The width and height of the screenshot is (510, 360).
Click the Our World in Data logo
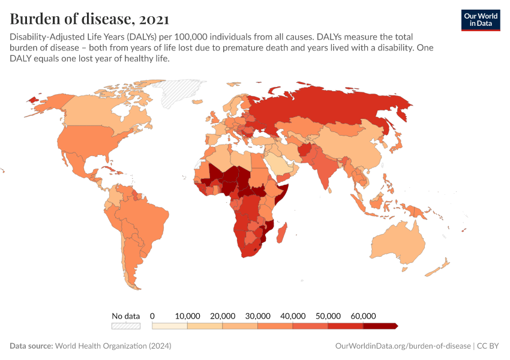480,19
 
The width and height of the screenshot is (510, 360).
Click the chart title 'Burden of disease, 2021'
89,18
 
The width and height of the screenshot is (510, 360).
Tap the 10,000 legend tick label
188,316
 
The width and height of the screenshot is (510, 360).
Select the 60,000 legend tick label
364,316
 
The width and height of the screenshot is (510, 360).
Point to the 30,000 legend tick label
258,316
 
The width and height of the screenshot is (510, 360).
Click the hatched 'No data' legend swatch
125,326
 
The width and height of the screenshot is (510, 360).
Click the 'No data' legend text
125,316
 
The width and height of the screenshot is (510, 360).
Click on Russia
336,108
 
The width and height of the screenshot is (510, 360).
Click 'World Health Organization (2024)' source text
113,346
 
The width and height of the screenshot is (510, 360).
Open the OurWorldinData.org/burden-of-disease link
401,346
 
